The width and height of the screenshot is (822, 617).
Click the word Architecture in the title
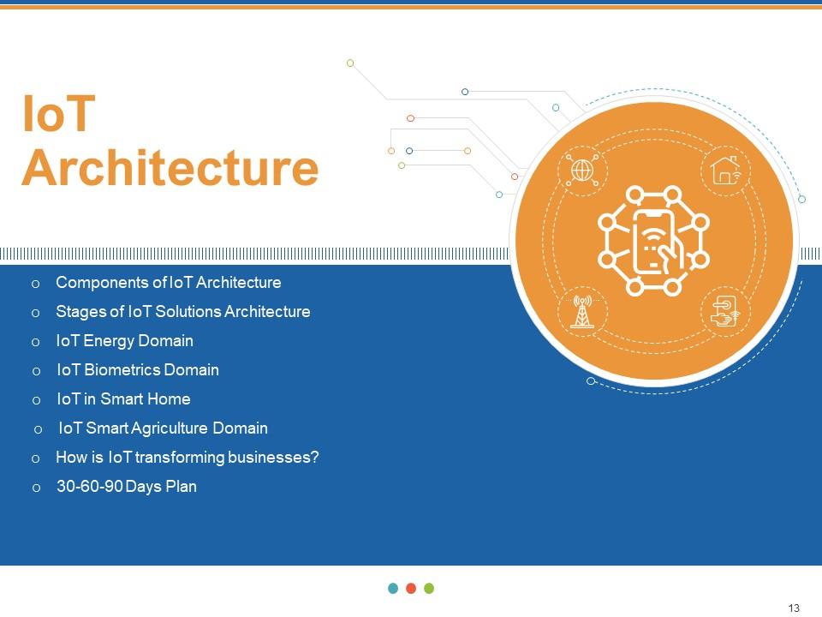click(x=170, y=168)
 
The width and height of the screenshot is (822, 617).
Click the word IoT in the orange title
click(x=57, y=115)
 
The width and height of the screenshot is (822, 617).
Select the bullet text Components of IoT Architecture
click(x=168, y=283)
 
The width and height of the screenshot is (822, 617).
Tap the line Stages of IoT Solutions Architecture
click(x=182, y=312)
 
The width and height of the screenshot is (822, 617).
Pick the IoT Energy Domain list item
click(x=124, y=341)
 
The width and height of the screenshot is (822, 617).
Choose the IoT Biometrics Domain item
click(x=138, y=370)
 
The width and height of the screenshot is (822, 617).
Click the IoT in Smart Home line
click(x=123, y=399)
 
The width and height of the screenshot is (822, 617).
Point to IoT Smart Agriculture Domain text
click(x=163, y=428)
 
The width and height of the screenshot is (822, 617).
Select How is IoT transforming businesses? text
click(x=187, y=458)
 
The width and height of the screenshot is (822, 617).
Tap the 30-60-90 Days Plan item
click(x=127, y=487)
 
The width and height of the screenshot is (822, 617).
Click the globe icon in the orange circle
click(x=582, y=171)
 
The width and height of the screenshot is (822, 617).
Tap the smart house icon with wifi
click(x=726, y=170)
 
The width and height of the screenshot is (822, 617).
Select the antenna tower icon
click(x=582, y=313)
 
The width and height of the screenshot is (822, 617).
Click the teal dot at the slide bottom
click(x=393, y=588)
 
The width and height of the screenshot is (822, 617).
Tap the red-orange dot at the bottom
click(x=411, y=588)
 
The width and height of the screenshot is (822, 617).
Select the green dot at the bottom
click(x=429, y=588)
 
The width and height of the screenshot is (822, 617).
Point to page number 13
click(x=794, y=608)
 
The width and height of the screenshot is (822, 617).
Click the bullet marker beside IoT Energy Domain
click(x=35, y=342)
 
